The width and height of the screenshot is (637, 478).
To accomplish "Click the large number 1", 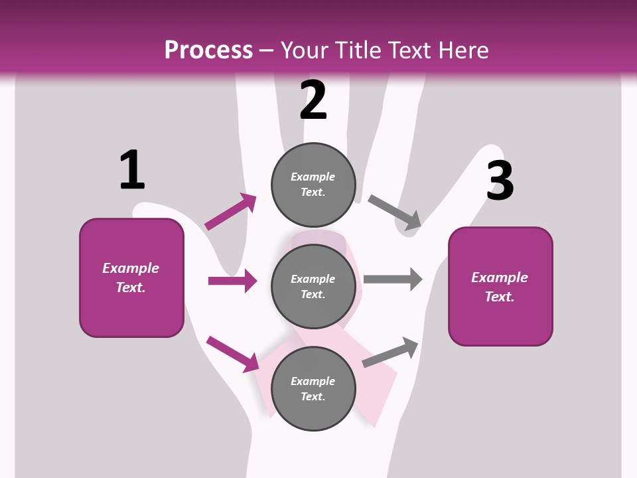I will pos(132,171).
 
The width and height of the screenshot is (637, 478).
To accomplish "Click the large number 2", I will pos(313,100).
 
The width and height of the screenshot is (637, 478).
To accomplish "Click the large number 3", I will pos(500,181).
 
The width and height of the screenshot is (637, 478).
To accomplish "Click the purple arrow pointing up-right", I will pos(230,211).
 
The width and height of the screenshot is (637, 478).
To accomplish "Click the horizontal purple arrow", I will pos(232,281).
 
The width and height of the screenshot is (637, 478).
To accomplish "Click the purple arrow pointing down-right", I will pos(233,354).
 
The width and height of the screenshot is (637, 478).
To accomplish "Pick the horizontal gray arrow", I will pos(393,279).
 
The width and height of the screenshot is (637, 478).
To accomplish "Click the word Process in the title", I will pos(208,50).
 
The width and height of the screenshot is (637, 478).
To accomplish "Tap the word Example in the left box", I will pos(131,268).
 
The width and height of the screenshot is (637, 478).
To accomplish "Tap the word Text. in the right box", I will pos(500,297).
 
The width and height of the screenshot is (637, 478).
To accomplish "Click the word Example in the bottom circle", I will pos(313,381).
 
